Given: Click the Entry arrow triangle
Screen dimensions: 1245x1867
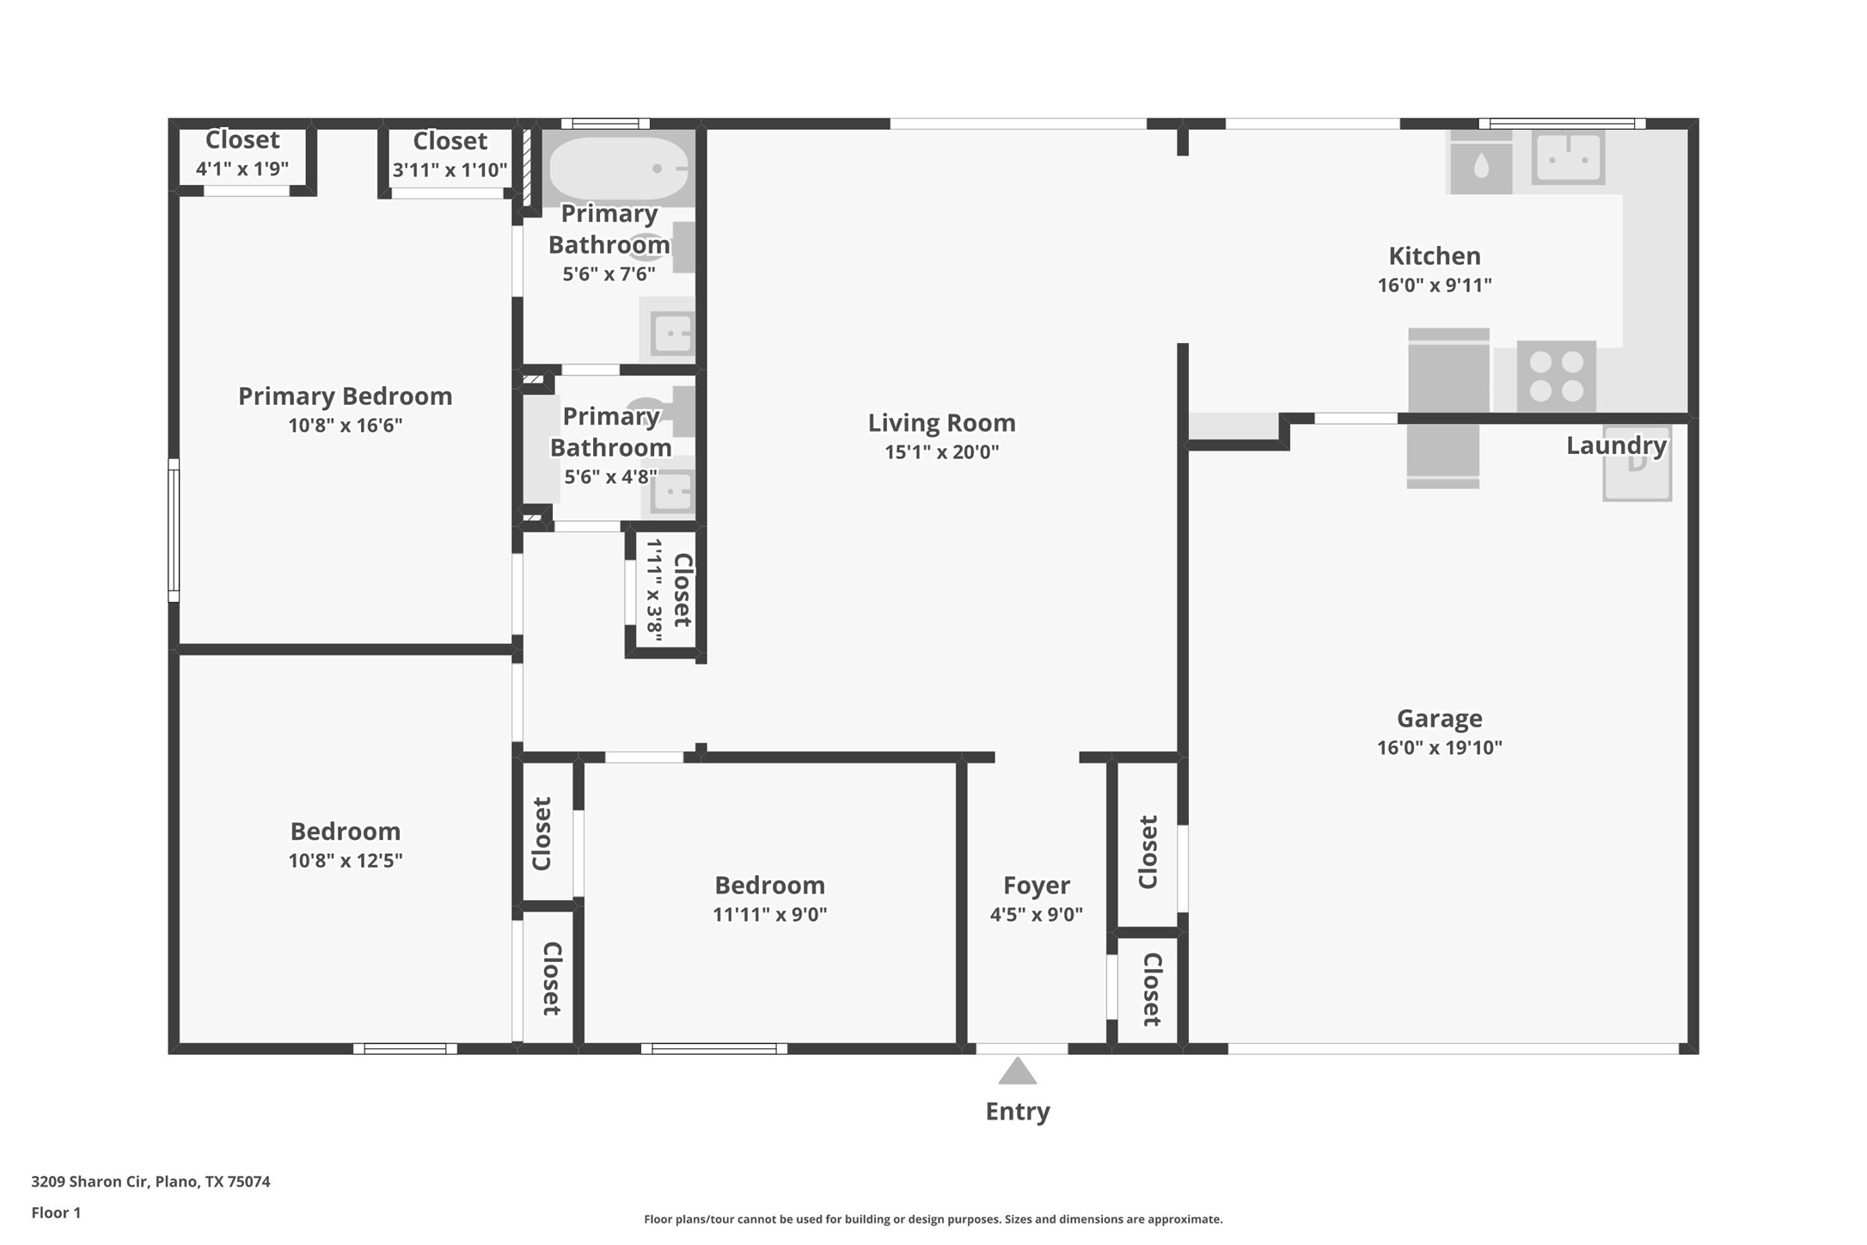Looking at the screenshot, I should (x=1017, y=1071).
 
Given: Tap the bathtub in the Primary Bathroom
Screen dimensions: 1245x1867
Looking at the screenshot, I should (x=618, y=169).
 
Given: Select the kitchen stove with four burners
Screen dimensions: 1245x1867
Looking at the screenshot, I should (x=1556, y=377).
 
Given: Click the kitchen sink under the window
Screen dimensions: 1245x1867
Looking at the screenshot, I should (x=1569, y=157).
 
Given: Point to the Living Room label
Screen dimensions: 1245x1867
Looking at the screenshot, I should (x=941, y=422).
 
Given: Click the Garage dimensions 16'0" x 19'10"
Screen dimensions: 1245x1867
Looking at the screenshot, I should (x=1439, y=747).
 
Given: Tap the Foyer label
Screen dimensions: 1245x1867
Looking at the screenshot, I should (x=1036, y=885).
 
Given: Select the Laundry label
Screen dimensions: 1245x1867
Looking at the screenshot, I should (x=1616, y=445).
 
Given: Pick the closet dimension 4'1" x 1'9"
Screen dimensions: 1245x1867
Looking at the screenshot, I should (x=242, y=169).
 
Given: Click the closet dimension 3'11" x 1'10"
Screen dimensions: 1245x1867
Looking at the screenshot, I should (x=450, y=169).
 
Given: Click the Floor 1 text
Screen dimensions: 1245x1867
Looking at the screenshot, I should (x=56, y=1212).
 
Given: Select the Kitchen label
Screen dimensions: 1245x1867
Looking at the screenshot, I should (x=1434, y=255).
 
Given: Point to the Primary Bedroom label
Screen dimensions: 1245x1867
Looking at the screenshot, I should (x=345, y=396).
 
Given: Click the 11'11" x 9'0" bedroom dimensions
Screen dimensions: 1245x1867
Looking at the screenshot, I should (x=769, y=914).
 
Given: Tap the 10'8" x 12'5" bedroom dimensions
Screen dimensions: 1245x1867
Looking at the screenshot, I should (x=345, y=860).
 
